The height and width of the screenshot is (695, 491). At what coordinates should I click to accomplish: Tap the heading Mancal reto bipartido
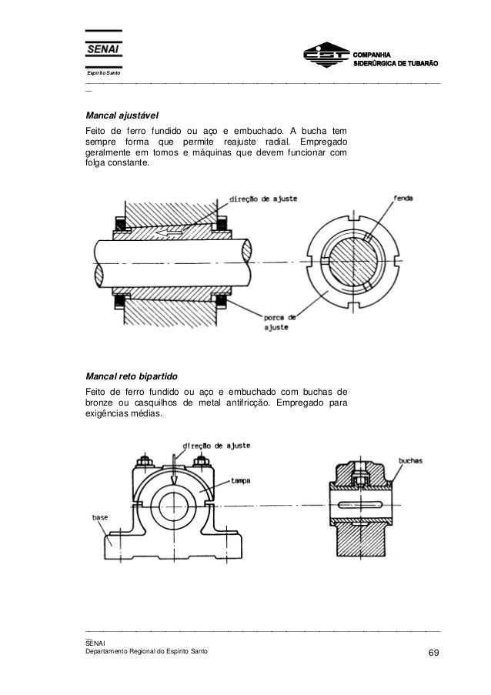tap(132, 377)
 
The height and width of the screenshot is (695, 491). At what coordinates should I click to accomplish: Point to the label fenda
tap(403, 198)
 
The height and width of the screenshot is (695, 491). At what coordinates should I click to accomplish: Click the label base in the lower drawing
tap(102, 517)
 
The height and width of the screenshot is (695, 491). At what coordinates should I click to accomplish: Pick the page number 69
tap(434, 654)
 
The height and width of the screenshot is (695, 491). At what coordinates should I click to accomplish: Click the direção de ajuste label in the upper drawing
tap(260, 198)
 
